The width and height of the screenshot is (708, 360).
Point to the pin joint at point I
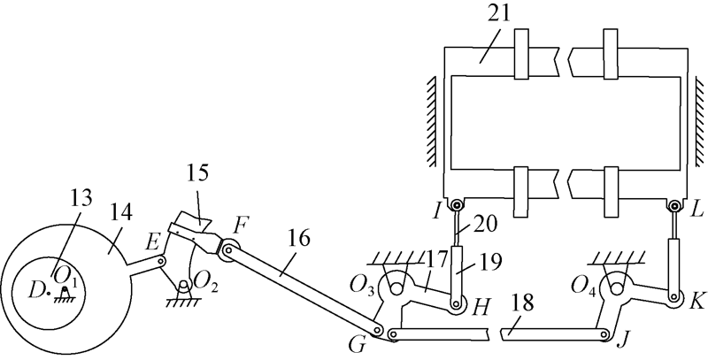(456, 205)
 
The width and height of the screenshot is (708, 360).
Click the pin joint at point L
(675, 205)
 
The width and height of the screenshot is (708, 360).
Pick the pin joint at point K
(676, 299)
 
